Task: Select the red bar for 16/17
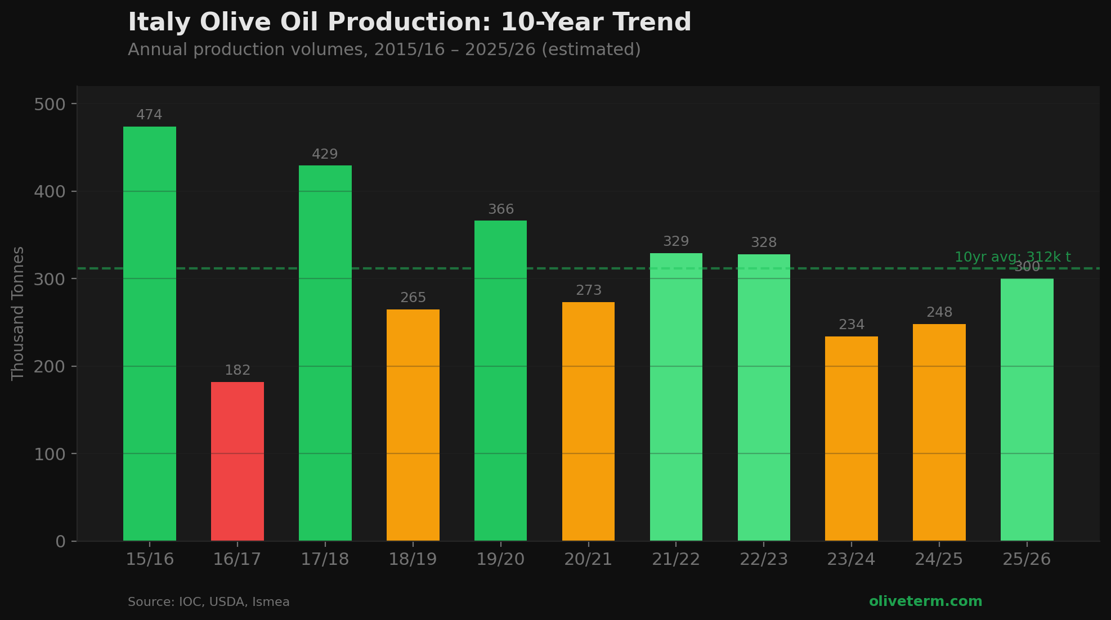tap(238, 461)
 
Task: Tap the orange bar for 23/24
tap(851, 439)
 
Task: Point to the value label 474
tap(149, 115)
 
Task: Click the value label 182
tap(238, 371)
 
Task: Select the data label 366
tap(500, 210)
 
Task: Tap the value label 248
tap(939, 313)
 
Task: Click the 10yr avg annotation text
tap(1013, 257)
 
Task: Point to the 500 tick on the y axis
tap(50, 105)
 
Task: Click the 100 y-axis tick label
tap(50, 454)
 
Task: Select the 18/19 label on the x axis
tap(413, 560)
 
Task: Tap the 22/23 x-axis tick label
tap(763, 560)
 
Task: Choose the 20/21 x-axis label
tap(588, 560)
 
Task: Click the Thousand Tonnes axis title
tap(18, 313)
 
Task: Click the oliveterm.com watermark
tap(925, 601)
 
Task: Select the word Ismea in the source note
tap(271, 603)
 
